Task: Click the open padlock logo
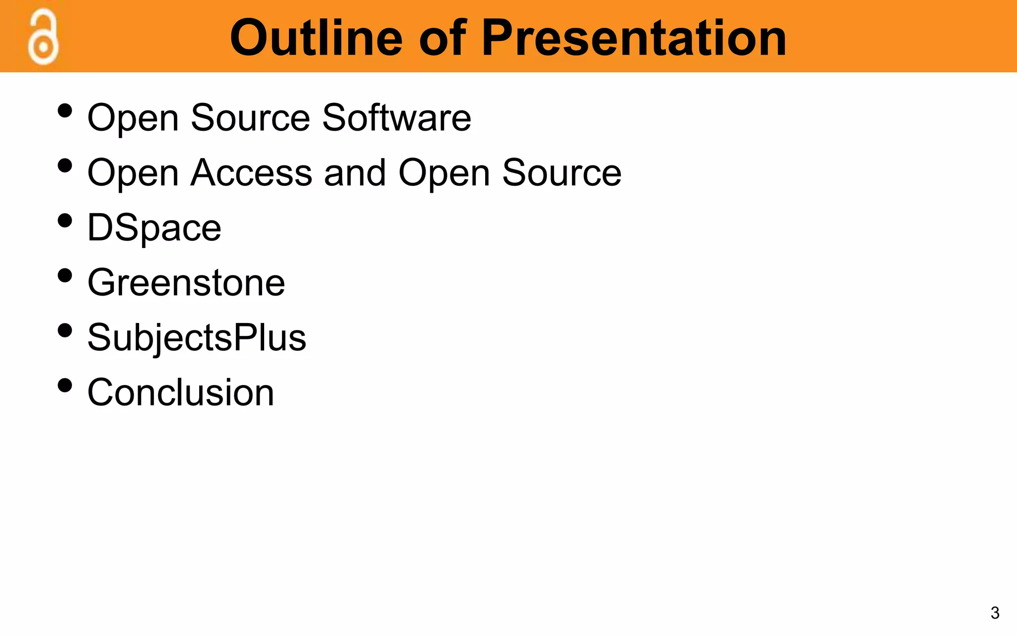click(43, 39)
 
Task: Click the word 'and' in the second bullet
click(355, 173)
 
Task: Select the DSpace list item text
click(154, 228)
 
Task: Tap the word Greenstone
click(186, 283)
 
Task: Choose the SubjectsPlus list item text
click(197, 338)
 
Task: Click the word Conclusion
click(181, 393)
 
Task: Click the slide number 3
click(995, 613)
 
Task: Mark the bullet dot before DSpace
click(65, 220)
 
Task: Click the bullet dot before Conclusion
click(65, 385)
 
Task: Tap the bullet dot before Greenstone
click(65, 275)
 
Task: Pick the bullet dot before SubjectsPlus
click(65, 330)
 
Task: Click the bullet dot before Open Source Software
click(65, 110)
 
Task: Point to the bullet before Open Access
click(65, 165)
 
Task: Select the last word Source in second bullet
click(561, 173)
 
